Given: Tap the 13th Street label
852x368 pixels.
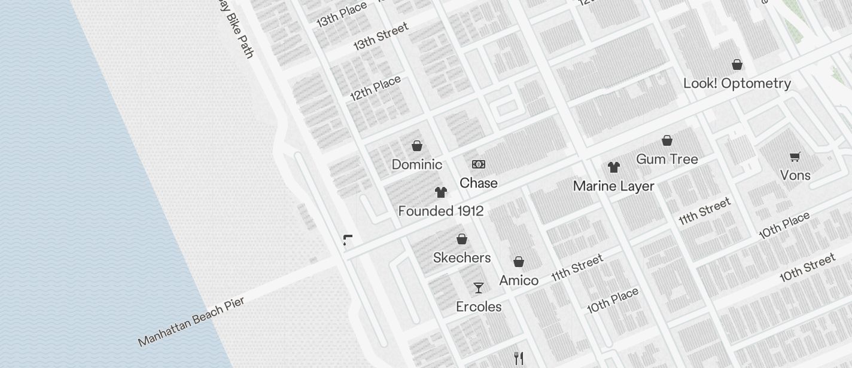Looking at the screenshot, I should point(381,36).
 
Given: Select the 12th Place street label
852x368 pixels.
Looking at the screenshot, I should point(375,88).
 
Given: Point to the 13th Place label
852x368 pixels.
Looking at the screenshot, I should point(342,14).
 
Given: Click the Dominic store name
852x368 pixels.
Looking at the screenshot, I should point(417,164).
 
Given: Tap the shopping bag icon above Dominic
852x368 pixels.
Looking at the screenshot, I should point(417,145).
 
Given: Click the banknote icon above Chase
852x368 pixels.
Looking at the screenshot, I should point(479,164).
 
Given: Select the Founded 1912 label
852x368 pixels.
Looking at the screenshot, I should point(441,211).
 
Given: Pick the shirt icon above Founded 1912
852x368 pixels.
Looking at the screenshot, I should point(441,192).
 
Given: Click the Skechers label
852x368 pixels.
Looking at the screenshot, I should point(462,257).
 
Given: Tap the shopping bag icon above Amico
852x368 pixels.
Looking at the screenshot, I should point(519,262).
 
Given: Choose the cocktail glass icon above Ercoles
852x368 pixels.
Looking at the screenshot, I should point(479,288).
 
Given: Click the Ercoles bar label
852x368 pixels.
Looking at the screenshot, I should point(479,306).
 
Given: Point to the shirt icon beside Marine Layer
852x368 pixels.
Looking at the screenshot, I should point(613,167).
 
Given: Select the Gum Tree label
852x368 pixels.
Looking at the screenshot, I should point(667,159).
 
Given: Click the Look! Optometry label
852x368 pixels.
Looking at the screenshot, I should point(737,83).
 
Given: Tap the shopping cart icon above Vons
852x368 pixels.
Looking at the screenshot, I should point(795,157).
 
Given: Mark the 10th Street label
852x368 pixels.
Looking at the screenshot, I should point(807,268).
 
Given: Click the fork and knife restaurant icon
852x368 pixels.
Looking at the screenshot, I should point(519,358).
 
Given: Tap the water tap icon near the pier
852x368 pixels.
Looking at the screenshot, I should point(348,240).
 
